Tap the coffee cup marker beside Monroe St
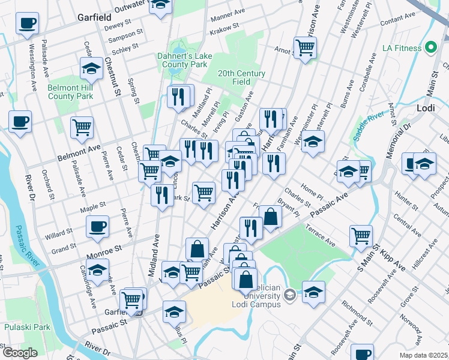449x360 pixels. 97,227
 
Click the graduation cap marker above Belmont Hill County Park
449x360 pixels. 91,70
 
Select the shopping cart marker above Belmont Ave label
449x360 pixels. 82,127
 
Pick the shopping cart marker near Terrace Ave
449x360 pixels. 361,235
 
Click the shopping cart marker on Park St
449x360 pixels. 204,193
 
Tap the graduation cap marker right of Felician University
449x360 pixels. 313,292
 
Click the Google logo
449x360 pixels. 20,353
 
